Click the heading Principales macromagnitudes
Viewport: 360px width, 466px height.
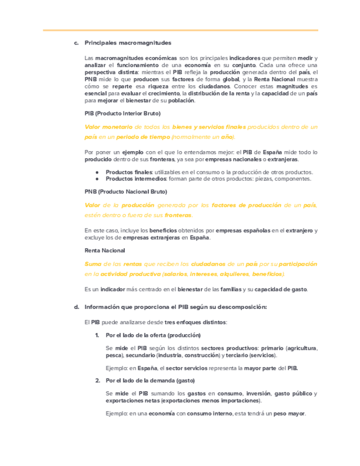pyautogui.click(x=128, y=43)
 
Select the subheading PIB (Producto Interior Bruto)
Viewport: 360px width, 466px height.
pyautogui.click(x=123, y=113)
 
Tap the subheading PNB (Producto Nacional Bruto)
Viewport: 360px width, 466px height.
pyautogui.click(x=125, y=192)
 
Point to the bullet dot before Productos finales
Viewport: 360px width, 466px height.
pyautogui.click(x=97, y=172)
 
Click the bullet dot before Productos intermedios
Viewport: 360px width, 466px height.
pyautogui.click(x=97, y=179)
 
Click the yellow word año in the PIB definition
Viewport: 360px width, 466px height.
pyautogui.click(x=228, y=136)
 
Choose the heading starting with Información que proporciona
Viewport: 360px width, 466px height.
pyautogui.click(x=175, y=307)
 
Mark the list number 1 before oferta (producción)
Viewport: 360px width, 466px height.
pyautogui.click(x=97, y=335)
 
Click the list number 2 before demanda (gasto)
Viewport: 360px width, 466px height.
pyautogui.click(x=97, y=380)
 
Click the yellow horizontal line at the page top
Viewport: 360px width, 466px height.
pyautogui.click(x=180, y=30)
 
